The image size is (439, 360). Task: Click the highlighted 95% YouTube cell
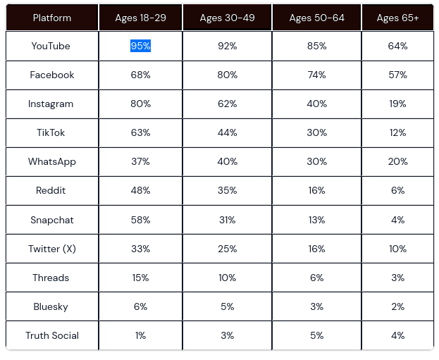pos(140,46)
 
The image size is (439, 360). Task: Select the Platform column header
pos(52,18)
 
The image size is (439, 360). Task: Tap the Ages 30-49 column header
pos(227,18)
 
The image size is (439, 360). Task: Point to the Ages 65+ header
pos(397,18)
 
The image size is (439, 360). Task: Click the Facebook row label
pos(52,75)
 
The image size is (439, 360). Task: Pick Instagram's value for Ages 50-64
pos(316,104)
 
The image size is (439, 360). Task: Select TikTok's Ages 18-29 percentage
pos(140,132)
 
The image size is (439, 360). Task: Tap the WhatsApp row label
pos(52,162)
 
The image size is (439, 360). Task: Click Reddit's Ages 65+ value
pos(397,191)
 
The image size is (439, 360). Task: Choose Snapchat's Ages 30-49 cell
pos(227,220)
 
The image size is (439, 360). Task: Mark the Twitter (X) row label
pos(52,249)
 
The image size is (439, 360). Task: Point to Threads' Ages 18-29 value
pos(140,278)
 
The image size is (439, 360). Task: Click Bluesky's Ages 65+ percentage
pos(397,306)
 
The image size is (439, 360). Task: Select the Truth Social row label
pos(52,335)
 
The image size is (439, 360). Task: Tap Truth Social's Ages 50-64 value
pos(316,335)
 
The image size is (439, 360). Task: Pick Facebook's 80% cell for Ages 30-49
pos(227,75)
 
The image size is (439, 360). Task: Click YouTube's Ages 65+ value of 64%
pos(397,46)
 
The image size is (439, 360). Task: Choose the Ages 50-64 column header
pos(316,18)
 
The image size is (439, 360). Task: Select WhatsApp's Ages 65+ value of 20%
pos(397,162)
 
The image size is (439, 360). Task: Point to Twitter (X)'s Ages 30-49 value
pos(227,249)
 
